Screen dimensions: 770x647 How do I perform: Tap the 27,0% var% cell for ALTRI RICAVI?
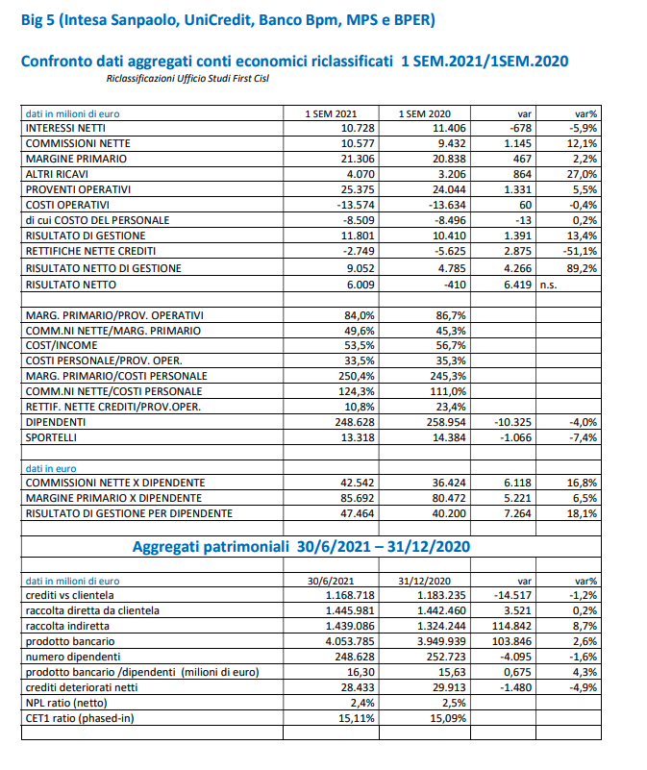583,174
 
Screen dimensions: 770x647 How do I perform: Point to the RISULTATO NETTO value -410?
453,285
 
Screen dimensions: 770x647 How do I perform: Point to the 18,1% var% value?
583,513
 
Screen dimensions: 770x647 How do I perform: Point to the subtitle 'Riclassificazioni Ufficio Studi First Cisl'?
188,78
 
